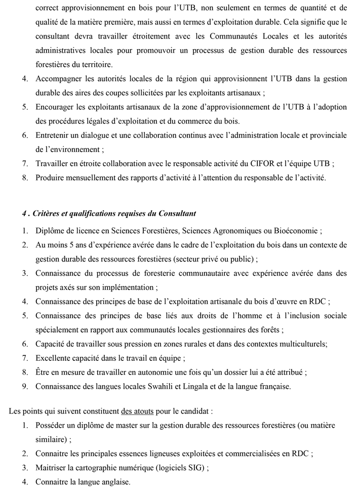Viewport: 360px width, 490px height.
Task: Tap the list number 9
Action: [24, 386]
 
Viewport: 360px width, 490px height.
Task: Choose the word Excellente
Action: [55, 358]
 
